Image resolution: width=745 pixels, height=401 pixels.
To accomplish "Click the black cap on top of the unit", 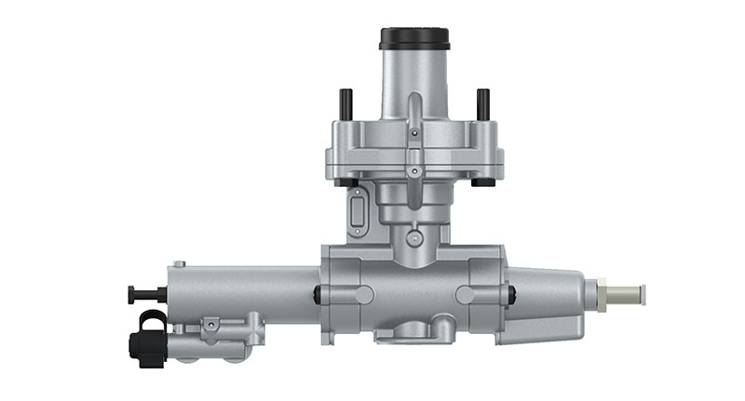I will [x=414, y=38].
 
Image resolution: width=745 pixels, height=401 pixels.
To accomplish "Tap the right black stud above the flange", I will [x=483, y=104].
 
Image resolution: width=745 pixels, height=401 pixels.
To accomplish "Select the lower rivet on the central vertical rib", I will [x=414, y=169].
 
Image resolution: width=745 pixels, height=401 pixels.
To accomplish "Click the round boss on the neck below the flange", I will [x=414, y=239].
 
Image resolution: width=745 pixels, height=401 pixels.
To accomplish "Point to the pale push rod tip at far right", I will [x=628, y=295].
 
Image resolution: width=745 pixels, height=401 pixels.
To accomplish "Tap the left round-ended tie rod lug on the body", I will [x=349, y=295].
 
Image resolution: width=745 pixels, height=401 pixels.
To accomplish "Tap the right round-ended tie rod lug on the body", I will [x=480, y=295].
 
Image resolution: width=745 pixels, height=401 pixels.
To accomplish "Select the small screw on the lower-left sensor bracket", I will [x=213, y=325].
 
